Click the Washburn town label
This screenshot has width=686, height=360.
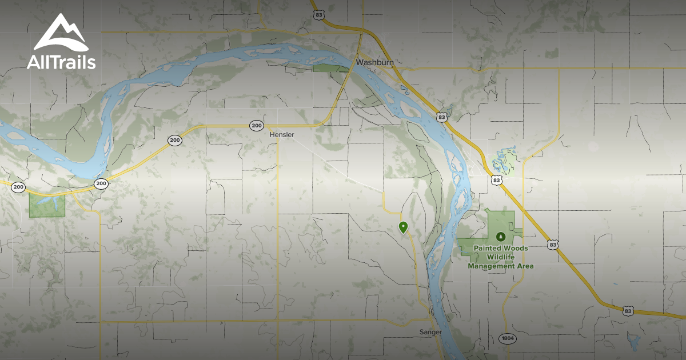[x=373, y=62]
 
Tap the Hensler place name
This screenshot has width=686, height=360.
[x=281, y=134]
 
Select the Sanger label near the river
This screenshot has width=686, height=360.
[x=430, y=332]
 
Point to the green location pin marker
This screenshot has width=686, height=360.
[x=403, y=227]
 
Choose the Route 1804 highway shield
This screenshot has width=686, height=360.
[x=506, y=338]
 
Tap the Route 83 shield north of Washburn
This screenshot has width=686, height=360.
[x=319, y=14]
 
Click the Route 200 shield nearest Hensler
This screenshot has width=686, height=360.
[x=256, y=125]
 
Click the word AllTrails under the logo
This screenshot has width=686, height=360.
[x=61, y=62]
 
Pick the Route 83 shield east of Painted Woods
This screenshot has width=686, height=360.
[x=551, y=245]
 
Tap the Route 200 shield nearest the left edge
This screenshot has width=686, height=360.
[x=18, y=187]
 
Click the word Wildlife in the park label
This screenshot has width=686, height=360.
[x=501, y=257]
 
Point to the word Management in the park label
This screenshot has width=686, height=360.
[x=501, y=266]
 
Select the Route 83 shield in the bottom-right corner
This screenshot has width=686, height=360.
[x=628, y=310]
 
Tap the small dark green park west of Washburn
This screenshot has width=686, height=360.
[x=330, y=68]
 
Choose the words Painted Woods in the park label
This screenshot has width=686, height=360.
[x=501, y=249]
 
